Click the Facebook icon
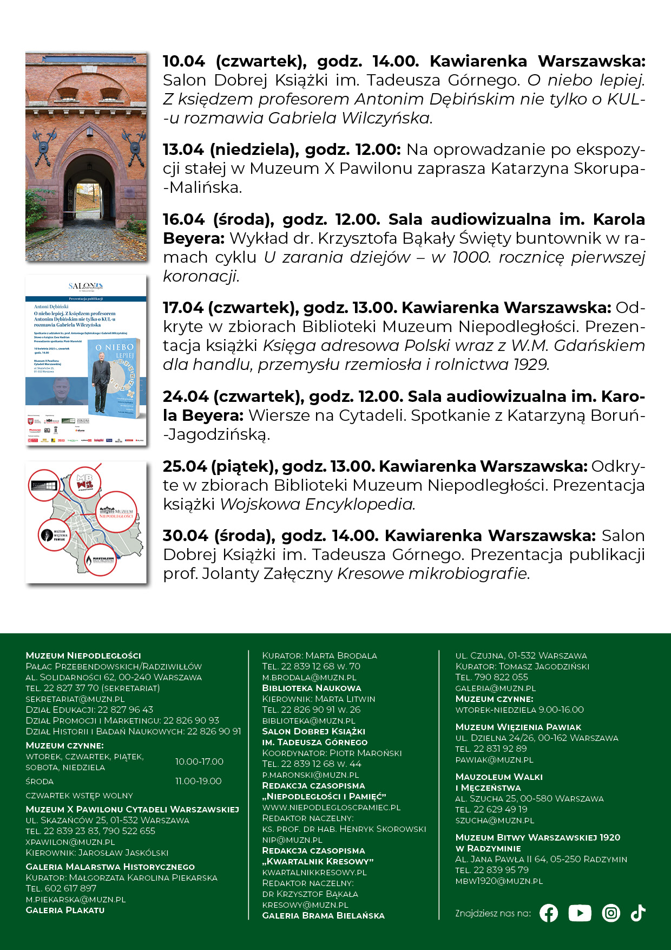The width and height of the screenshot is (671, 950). pos(549,913)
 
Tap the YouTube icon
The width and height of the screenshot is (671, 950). pos(580,913)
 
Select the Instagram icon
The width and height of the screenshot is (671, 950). pos(611,913)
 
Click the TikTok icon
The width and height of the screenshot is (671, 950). pos(639,913)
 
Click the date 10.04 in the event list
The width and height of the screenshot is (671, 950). pos(184,61)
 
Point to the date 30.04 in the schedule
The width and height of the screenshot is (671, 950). pos(184,536)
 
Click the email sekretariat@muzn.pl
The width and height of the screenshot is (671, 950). pos(75,699)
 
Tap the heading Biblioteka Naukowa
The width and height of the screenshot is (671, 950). pos(311,688)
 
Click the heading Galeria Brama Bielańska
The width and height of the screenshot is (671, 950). pos(323,915)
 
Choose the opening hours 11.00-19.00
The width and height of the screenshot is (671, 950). pos(198,781)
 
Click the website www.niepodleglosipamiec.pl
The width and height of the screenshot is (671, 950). pos(331,807)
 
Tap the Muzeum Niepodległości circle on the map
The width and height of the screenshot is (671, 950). pos(116,512)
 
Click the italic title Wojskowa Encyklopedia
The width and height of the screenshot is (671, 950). pos(317,504)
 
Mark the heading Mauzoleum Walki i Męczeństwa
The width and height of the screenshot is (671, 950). pos(498,782)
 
